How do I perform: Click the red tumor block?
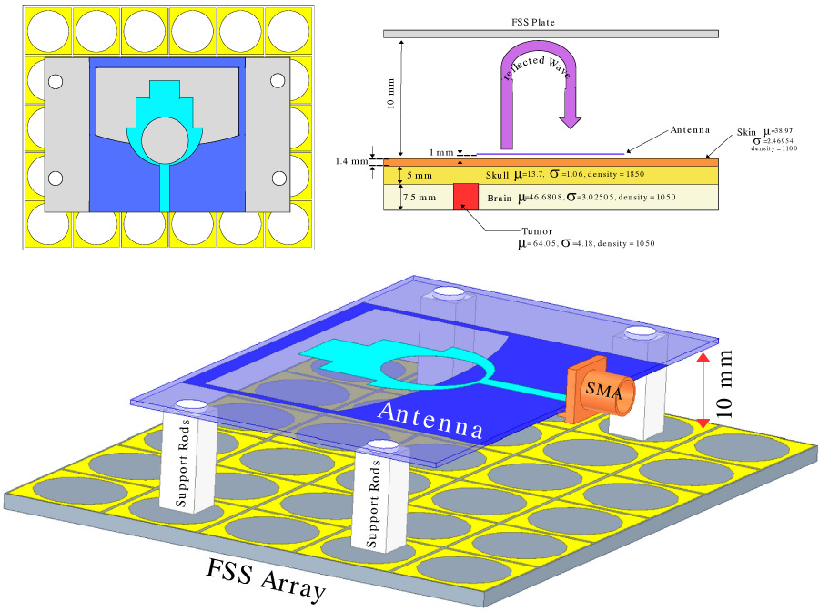(x=466, y=196)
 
